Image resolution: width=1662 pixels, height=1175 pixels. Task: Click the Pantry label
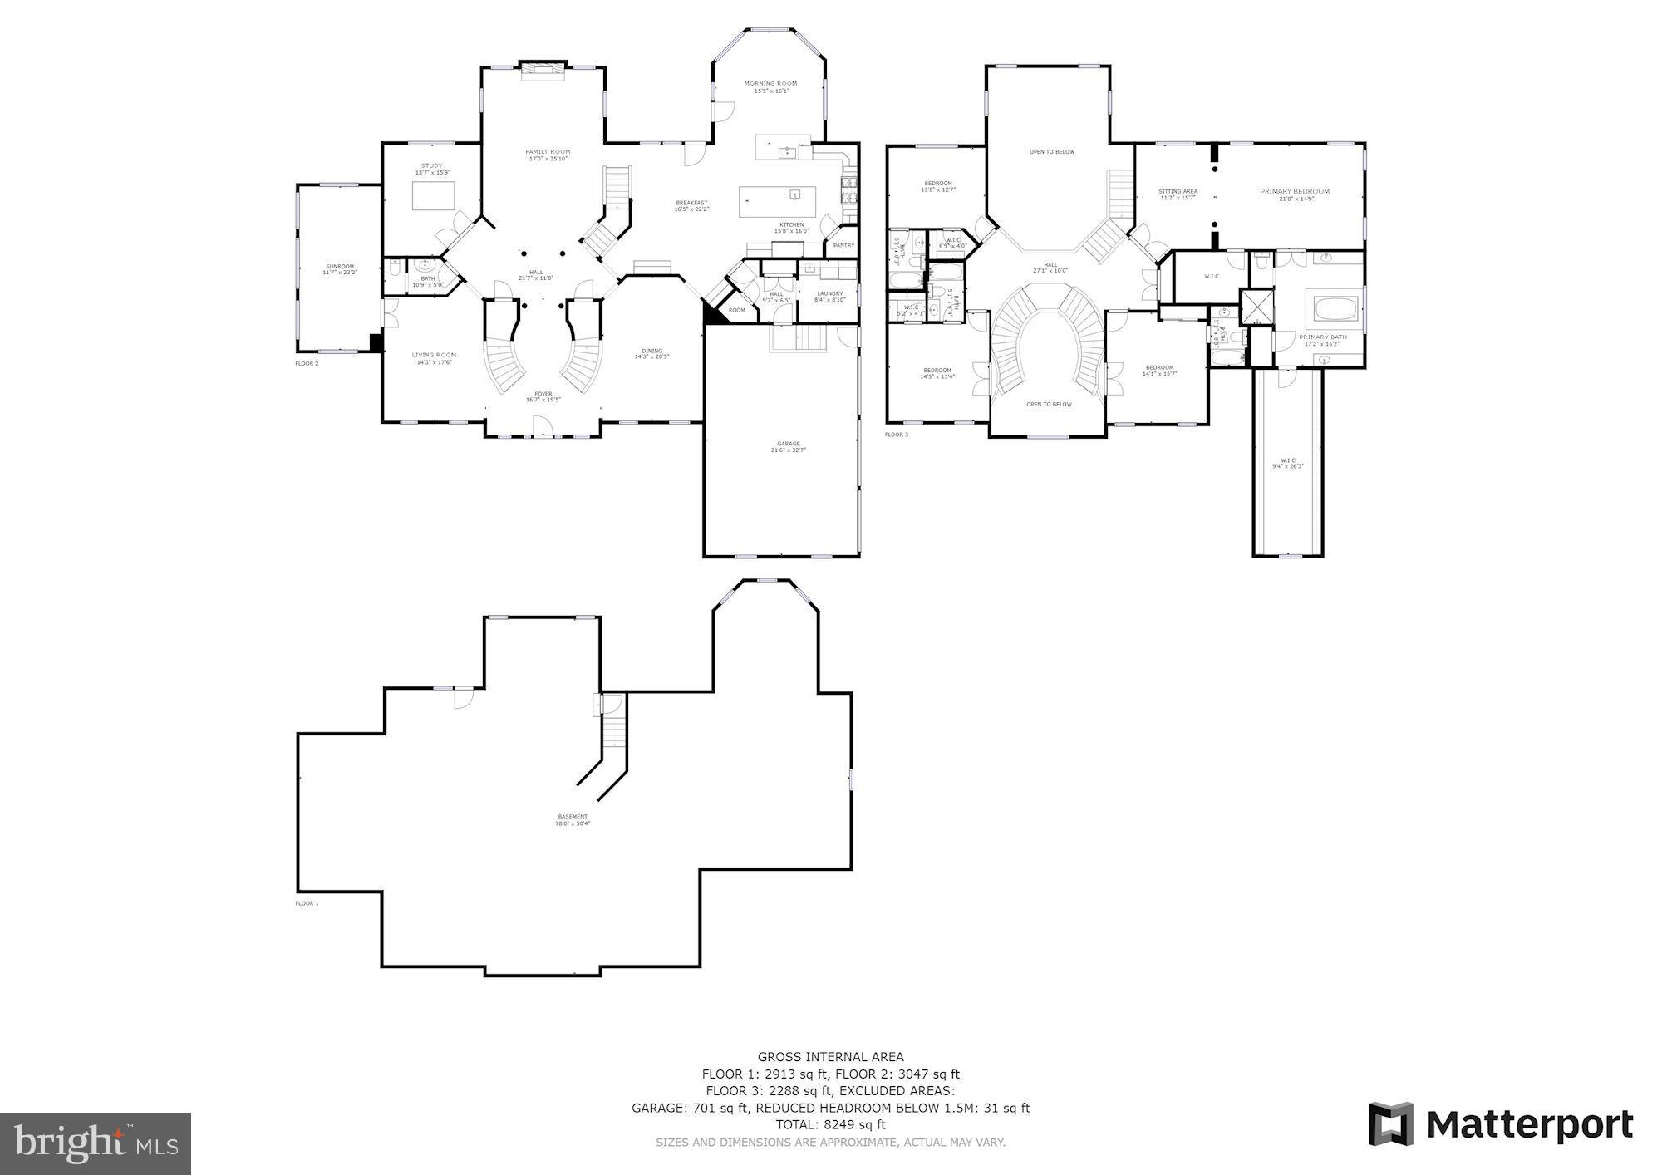click(843, 245)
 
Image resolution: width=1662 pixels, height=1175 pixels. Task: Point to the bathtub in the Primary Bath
click(1335, 310)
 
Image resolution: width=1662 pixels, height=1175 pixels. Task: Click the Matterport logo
click(1501, 1125)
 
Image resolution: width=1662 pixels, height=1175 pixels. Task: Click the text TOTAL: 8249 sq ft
click(830, 1125)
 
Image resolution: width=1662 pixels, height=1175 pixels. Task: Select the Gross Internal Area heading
click(830, 1057)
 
